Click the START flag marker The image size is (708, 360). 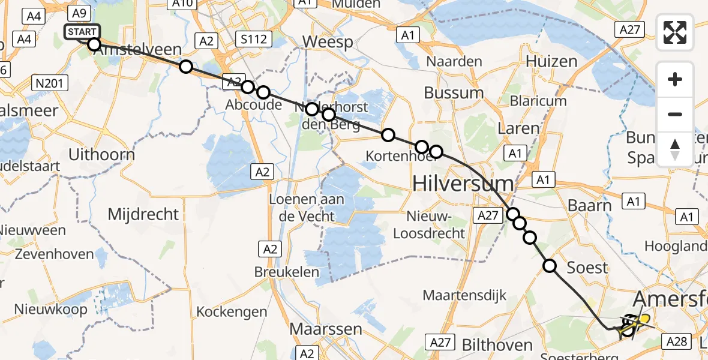click(80, 32)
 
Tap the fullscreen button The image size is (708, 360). click(675, 32)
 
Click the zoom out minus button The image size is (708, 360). click(675, 114)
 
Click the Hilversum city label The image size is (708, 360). click(463, 184)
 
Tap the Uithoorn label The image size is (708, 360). click(101, 154)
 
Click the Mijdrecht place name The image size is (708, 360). click(143, 214)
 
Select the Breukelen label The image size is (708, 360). click(286, 271)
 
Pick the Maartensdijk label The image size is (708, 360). click(465, 295)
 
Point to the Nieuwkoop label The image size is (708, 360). click(52, 309)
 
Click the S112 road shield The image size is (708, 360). click(253, 40)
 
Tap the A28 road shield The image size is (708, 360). click(677, 341)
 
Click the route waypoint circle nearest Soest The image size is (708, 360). click(550, 265)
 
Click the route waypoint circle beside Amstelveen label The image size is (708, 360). click(94, 44)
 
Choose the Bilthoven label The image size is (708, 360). click(497, 344)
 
